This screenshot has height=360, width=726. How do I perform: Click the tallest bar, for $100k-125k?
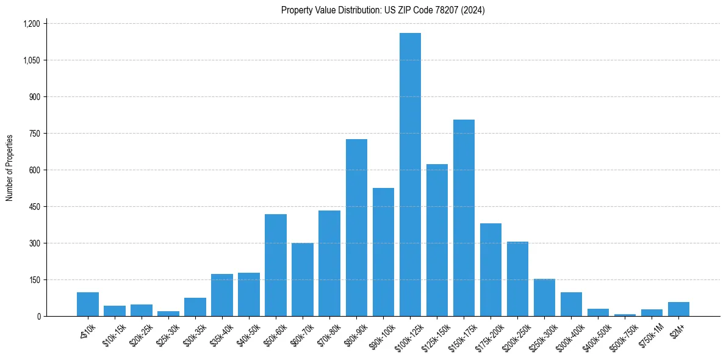click(x=410, y=175)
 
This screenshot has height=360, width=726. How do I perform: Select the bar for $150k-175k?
click(x=464, y=218)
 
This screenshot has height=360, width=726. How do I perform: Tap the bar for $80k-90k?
click(x=356, y=228)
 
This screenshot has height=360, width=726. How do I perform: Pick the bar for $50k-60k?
click(x=276, y=265)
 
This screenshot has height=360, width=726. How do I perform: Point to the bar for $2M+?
click(x=678, y=309)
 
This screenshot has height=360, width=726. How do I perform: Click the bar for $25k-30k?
click(x=168, y=314)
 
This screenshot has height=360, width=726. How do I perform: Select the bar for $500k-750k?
click(x=625, y=315)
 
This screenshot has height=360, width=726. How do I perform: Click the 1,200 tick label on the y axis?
click(x=31, y=24)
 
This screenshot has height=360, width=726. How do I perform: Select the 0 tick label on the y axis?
click(x=38, y=316)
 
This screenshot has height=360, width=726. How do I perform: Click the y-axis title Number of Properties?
click(x=10, y=168)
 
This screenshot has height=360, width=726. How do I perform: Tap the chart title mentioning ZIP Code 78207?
click(x=383, y=10)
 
